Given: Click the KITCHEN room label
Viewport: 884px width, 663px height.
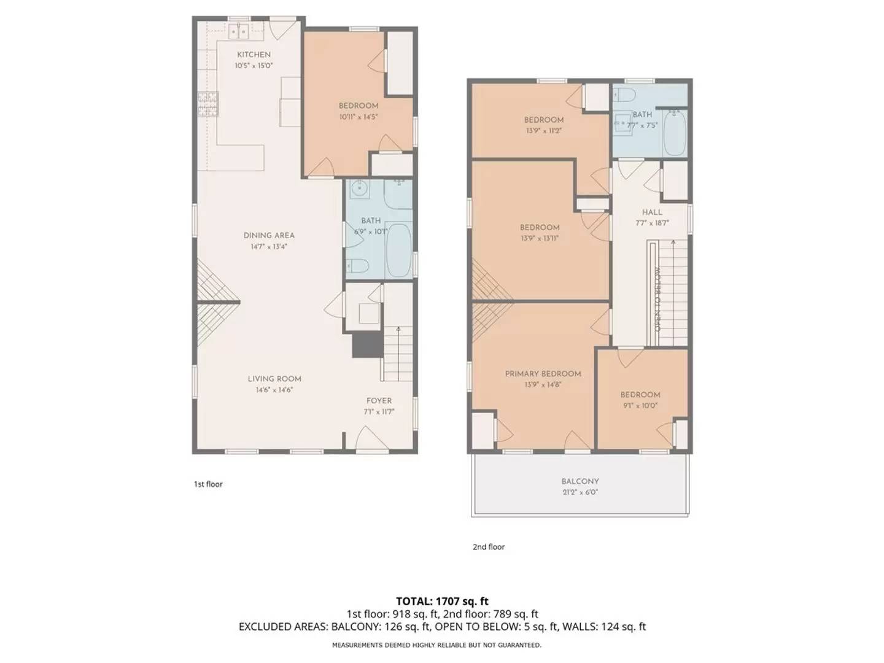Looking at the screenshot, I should (254, 55).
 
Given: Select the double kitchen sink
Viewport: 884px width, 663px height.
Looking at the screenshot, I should (239, 31).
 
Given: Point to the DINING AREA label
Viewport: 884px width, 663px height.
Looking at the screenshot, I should (269, 235).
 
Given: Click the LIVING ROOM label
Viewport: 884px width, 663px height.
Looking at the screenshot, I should (274, 379).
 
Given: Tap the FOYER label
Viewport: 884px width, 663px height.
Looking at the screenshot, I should (379, 401).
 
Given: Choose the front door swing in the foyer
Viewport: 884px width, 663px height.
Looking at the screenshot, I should (370, 440).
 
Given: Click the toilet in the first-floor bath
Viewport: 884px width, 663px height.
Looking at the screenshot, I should (358, 266).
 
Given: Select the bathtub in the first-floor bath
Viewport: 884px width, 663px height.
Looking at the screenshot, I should (398, 250).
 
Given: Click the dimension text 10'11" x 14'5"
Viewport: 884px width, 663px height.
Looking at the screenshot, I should (358, 117).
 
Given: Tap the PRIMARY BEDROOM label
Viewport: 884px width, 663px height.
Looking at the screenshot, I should (543, 374).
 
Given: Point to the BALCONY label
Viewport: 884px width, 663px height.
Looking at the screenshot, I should (580, 481).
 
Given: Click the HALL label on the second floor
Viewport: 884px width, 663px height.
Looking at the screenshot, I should (652, 212).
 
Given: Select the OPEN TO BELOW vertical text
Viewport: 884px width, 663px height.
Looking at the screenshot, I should (657, 299).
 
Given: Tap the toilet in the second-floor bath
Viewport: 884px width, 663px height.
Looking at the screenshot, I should (626, 95).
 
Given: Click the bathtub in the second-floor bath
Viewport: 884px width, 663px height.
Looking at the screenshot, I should (675, 133).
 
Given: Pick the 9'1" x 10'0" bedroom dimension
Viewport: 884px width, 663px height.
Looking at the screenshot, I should (640, 406).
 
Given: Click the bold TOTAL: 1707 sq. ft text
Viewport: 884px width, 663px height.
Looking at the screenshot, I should (442, 601).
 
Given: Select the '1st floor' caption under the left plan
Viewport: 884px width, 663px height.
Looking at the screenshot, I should (208, 484).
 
